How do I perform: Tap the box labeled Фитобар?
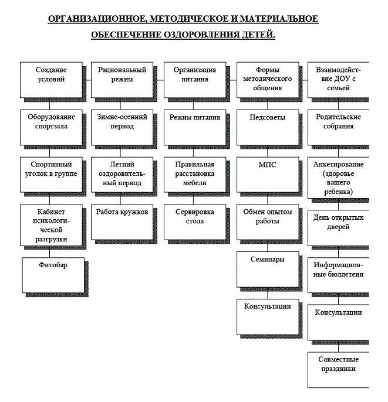click(x=53, y=275)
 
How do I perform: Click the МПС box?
click(x=268, y=175)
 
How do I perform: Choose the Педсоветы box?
click(x=268, y=127)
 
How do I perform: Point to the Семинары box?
click(x=268, y=269)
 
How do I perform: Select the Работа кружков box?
click(x=122, y=222)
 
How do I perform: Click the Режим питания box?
click(x=195, y=127)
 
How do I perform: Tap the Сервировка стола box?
click(x=195, y=222)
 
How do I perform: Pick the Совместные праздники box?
click(x=338, y=370)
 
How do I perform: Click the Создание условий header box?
click(x=51, y=80)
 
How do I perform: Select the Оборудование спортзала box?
click(x=51, y=127)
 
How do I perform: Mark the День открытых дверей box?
click(x=338, y=227)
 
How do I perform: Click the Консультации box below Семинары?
click(x=268, y=316)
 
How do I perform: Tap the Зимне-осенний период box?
click(x=122, y=127)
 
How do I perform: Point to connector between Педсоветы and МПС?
click(x=268, y=153)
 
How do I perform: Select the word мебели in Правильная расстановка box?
click(x=195, y=183)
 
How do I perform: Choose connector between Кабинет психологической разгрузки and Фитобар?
click(x=49, y=254)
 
